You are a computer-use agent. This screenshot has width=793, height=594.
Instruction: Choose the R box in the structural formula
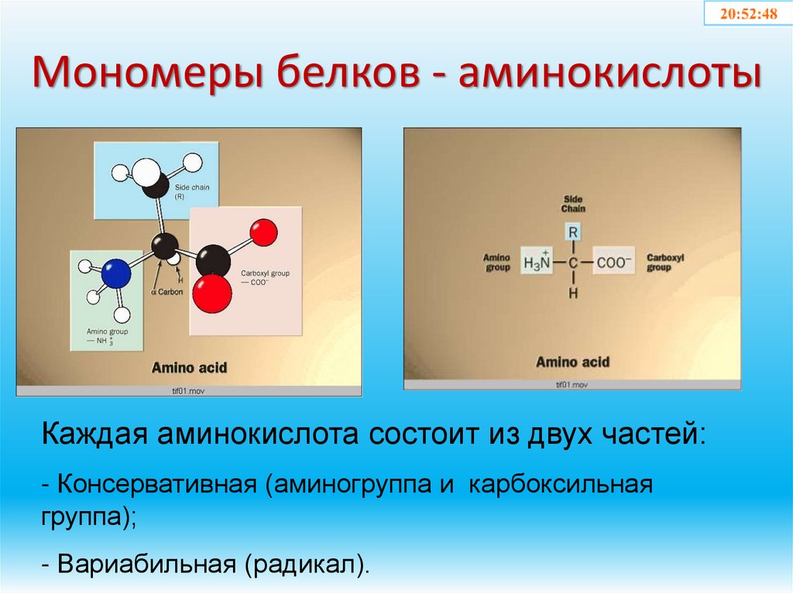pos(573,232)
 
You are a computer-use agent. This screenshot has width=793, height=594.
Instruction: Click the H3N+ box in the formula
pos(537,263)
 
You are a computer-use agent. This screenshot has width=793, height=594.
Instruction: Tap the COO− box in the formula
pos(614,263)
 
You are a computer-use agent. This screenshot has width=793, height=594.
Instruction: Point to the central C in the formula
pos(573,263)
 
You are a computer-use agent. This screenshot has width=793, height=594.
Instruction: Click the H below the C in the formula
pos(573,294)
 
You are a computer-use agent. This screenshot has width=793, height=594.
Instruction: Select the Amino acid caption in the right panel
pos(572,362)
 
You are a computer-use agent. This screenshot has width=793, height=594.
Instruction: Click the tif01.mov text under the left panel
pos(188,391)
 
